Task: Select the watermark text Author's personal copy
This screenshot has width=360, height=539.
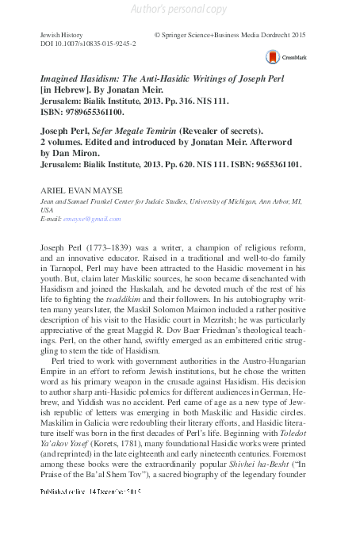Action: point(179,9)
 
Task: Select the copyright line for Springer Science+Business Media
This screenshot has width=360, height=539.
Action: point(230,36)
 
